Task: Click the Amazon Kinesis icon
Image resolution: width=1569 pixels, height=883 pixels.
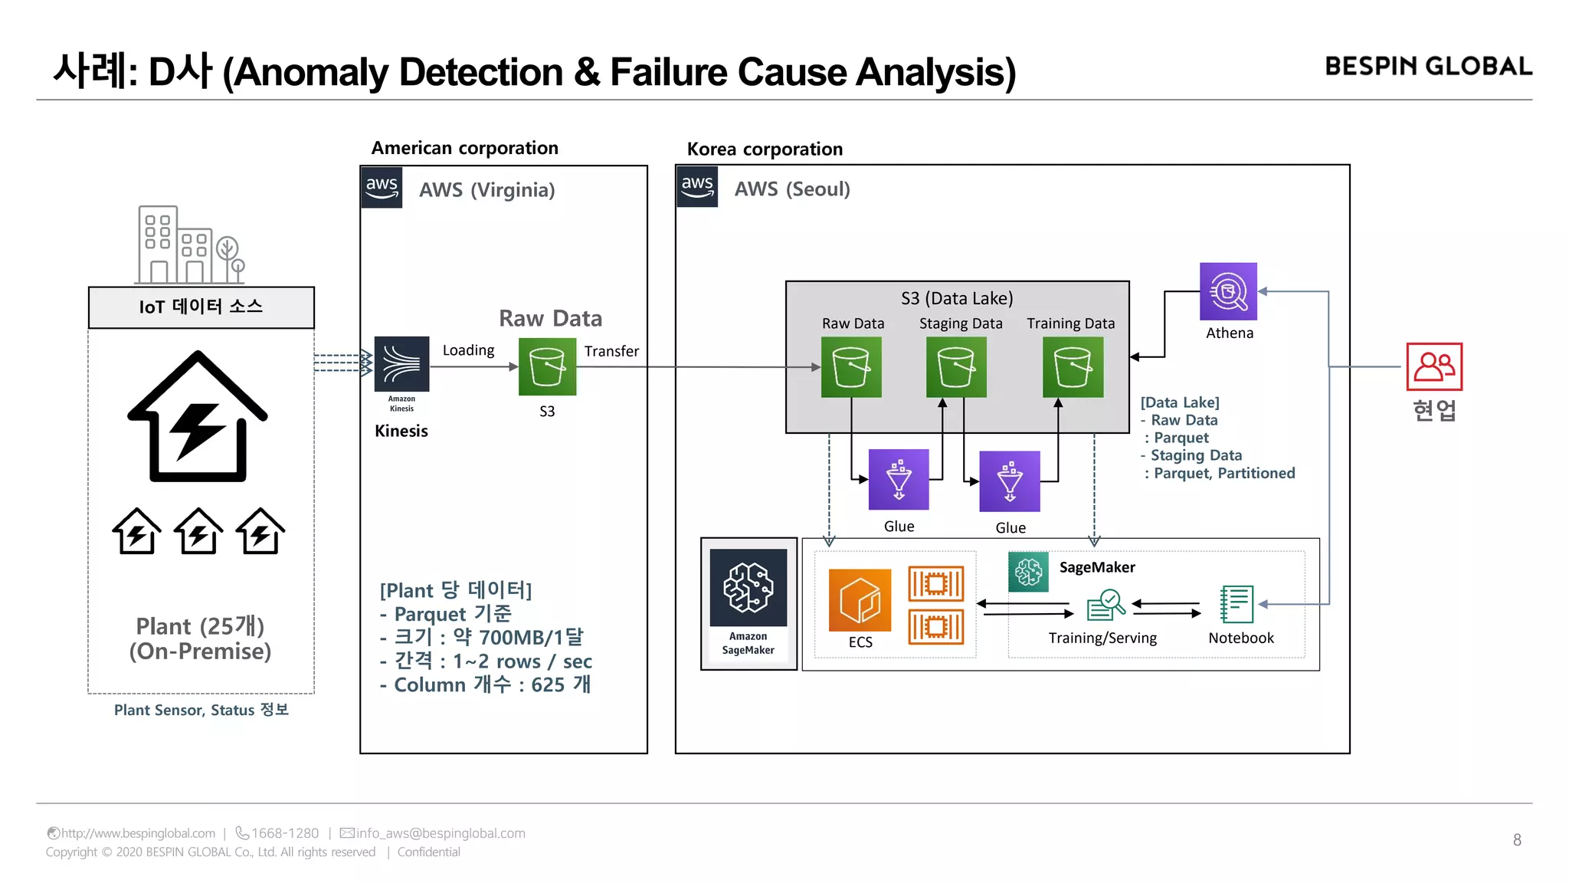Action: (401, 364)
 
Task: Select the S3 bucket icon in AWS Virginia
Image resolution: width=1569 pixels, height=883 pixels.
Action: (547, 367)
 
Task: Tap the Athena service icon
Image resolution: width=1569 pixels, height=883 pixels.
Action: (1228, 291)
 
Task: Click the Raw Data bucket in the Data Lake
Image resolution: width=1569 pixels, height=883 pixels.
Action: (851, 367)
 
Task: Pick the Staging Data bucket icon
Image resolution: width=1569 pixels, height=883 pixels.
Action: (956, 367)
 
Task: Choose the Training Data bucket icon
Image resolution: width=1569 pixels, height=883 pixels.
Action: (1073, 367)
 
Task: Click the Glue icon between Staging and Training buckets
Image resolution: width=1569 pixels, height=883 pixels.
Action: (1010, 481)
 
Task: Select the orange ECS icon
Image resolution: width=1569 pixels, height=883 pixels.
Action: (860, 600)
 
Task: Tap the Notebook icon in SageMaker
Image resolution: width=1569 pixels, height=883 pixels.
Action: (1237, 604)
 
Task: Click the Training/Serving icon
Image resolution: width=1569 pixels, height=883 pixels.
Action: (1106, 605)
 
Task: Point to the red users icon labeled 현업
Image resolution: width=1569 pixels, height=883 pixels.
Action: (1434, 366)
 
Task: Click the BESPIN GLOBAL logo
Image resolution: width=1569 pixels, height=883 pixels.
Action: (1428, 67)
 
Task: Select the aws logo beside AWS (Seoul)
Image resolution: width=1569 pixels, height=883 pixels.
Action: (697, 187)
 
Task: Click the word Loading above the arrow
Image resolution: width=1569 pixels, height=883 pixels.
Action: (468, 350)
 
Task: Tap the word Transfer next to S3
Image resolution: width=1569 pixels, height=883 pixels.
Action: (611, 351)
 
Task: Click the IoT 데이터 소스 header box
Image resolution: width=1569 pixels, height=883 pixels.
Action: (201, 307)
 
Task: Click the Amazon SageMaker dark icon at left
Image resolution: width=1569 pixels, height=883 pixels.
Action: (748, 588)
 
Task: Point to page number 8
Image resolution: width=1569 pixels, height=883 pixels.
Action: (1517, 840)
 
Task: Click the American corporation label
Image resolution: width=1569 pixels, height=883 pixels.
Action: (465, 148)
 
